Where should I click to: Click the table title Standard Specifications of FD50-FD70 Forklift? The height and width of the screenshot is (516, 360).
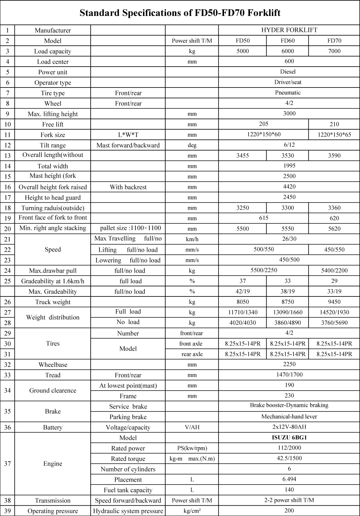click(180, 13)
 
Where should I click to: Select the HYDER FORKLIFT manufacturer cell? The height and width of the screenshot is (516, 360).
click(289, 30)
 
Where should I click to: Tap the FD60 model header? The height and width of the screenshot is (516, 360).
click(287, 41)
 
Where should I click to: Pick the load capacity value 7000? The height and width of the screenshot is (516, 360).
click(334, 51)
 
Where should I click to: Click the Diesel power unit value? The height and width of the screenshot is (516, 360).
click(288, 72)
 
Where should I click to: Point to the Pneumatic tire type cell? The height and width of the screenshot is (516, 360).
click(288, 93)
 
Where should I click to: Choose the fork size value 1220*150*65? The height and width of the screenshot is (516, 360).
click(334, 135)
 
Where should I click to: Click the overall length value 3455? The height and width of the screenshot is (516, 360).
click(242, 155)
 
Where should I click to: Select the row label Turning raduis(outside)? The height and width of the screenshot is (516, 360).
click(53, 208)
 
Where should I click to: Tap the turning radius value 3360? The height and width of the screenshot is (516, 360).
click(334, 208)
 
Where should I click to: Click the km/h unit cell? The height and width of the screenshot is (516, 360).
click(192, 239)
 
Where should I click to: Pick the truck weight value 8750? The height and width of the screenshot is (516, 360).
click(287, 302)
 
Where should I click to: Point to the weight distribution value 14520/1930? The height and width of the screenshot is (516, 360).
click(334, 312)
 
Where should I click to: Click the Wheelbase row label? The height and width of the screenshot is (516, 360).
click(53, 365)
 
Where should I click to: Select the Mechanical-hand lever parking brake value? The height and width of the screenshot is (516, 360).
click(289, 416)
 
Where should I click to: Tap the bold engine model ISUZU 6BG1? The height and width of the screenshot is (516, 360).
click(289, 438)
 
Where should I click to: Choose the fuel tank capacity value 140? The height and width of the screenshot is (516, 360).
click(289, 490)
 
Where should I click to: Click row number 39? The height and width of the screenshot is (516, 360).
click(7, 511)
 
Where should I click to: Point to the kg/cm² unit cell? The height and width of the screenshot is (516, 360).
click(192, 511)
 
